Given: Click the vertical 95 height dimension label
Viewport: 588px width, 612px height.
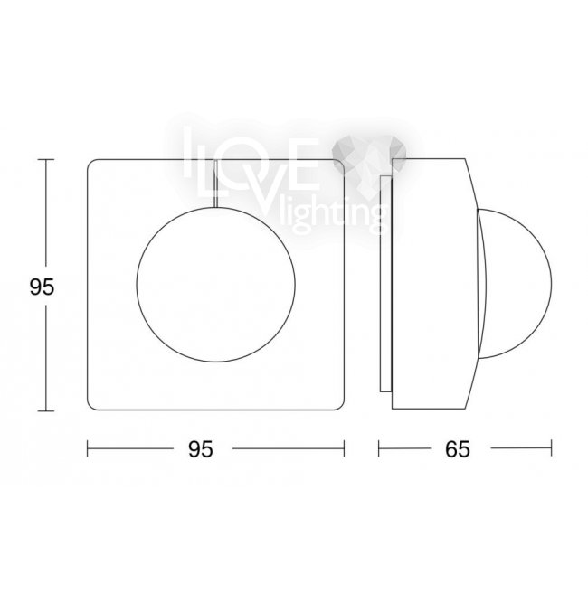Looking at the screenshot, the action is point(42,287).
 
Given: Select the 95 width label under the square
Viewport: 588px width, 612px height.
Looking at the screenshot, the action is point(201,449).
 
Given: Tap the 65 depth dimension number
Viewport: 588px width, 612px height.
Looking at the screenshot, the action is point(458,449).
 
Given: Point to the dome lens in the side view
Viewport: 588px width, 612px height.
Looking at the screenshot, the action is point(550,283).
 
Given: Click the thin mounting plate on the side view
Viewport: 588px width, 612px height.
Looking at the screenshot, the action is point(386,284).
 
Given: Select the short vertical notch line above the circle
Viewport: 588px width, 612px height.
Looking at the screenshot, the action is point(215,183).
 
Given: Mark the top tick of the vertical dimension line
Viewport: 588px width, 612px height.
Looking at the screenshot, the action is point(46,160).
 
